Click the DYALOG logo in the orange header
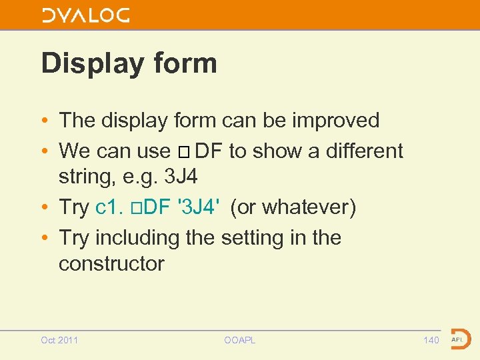pyautogui.click(x=85, y=15)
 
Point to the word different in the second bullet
pyautogui.click(x=364, y=151)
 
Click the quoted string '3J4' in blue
pyautogui.click(x=195, y=207)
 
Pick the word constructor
pyautogui.click(x=111, y=263)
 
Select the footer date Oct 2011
pyautogui.click(x=59, y=340)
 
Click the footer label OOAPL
pyautogui.click(x=239, y=340)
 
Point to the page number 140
pyautogui.click(x=431, y=340)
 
